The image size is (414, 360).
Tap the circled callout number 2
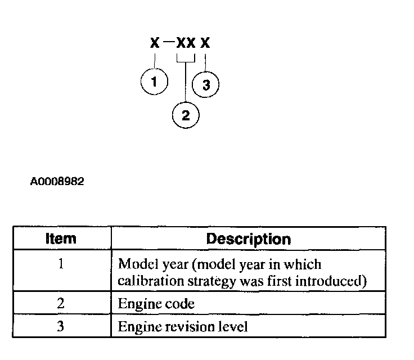tap(186, 115)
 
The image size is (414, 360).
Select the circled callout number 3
tap(206, 85)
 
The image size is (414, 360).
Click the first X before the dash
tap(155, 43)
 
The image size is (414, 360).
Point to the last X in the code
tap(206, 43)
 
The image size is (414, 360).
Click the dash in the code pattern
tap(167, 42)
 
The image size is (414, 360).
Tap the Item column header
tap(61, 238)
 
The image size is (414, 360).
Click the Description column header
tap(248, 238)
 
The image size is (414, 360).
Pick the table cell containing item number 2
tap(61, 304)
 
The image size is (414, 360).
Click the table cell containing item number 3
tap(61, 326)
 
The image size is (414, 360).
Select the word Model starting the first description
tap(133, 264)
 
